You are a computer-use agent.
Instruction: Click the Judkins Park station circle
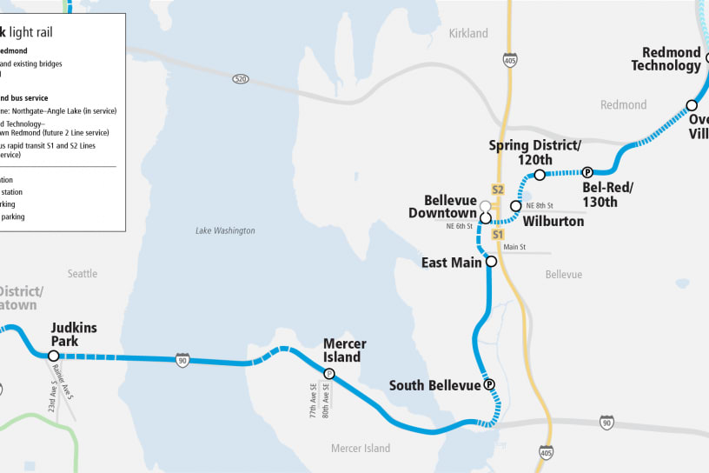click(54, 356)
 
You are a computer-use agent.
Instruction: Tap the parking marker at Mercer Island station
click(329, 374)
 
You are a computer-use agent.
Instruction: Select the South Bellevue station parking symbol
click(489, 385)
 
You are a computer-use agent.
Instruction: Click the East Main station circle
click(491, 262)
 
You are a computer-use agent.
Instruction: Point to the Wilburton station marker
click(516, 206)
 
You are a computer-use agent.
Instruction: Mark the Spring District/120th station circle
click(540, 175)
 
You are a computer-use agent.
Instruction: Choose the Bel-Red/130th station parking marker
click(587, 172)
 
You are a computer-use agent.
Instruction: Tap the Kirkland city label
click(468, 34)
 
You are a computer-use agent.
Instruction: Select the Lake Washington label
click(225, 230)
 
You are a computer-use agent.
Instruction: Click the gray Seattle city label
click(83, 274)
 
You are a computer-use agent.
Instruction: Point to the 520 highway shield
click(240, 79)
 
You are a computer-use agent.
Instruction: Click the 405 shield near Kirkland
click(510, 60)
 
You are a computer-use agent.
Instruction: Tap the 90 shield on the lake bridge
click(182, 360)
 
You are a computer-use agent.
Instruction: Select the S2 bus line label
click(498, 190)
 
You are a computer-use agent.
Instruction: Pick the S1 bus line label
click(498, 235)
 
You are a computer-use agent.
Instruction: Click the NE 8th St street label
click(539, 206)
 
